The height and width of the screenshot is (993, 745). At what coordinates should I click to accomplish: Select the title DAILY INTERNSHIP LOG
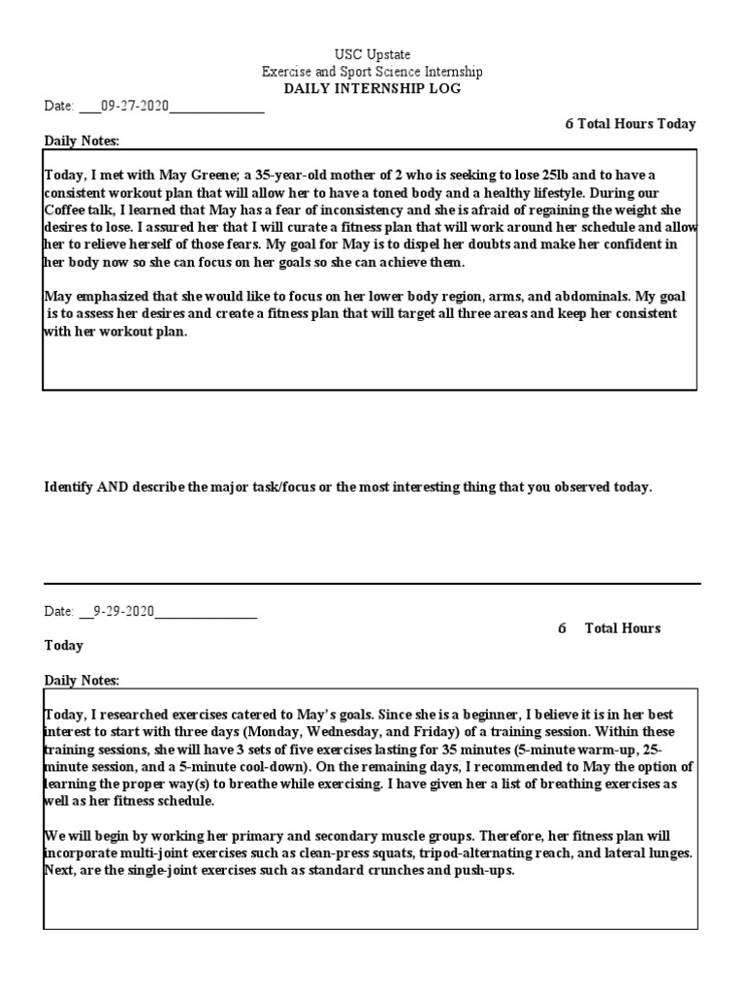(x=372, y=89)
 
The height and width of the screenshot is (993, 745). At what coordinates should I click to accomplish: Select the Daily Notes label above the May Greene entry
(x=81, y=142)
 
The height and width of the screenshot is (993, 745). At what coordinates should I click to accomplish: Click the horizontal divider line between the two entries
(x=372, y=584)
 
